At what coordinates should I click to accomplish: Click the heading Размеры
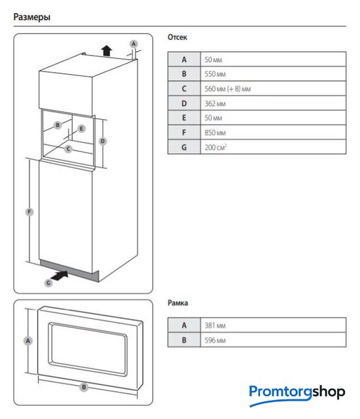click(x=32, y=17)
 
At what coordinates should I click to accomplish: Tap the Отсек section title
click(x=177, y=37)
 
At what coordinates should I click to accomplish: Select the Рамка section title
click(x=177, y=302)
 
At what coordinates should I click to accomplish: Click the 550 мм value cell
click(x=273, y=74)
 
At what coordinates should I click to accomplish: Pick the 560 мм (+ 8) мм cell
click(x=273, y=88)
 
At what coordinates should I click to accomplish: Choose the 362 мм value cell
click(x=273, y=103)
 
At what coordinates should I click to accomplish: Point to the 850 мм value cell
click(x=273, y=132)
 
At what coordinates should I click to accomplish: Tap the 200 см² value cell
click(x=273, y=147)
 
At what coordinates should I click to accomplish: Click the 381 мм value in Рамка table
click(x=273, y=325)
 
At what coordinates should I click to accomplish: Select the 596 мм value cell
click(x=273, y=340)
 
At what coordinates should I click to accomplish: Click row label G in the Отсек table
click(x=184, y=147)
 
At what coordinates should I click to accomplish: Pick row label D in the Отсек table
click(x=184, y=103)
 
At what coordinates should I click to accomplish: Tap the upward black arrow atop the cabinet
click(x=107, y=50)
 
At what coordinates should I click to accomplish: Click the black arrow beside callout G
click(x=60, y=275)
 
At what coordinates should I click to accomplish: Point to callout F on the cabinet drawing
click(x=29, y=212)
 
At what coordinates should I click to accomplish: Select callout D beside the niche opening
click(x=103, y=141)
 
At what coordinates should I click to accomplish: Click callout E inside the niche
click(x=81, y=128)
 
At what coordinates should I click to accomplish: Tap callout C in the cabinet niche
click(x=68, y=149)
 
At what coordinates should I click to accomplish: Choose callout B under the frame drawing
click(x=84, y=387)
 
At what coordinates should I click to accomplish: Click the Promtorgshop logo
click(x=297, y=395)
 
